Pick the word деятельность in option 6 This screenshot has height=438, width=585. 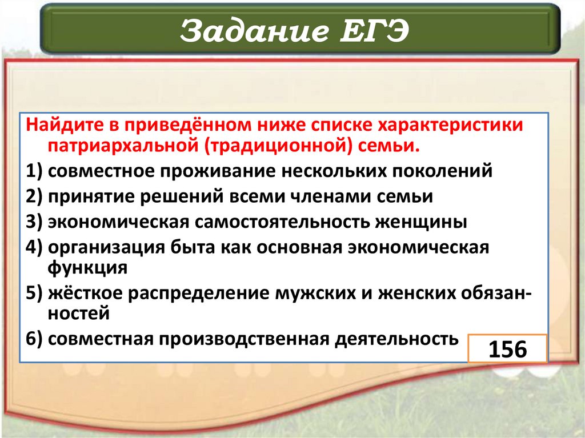pyautogui.click(x=398, y=339)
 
